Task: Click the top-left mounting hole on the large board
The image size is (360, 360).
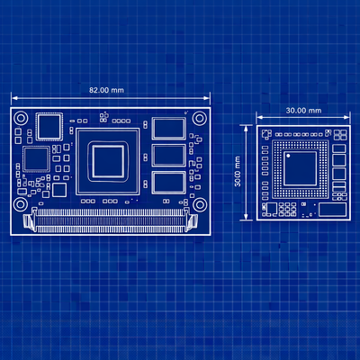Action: [20, 115]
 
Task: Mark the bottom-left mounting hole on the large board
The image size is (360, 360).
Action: [20, 203]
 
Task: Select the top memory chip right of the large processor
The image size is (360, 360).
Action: [167, 129]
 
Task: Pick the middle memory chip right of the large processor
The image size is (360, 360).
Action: [167, 155]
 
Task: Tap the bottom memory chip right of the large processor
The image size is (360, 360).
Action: [167, 183]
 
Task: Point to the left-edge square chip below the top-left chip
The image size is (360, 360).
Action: [35, 159]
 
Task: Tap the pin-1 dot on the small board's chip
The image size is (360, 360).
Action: [289, 155]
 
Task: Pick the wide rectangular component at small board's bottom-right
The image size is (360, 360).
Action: [333, 209]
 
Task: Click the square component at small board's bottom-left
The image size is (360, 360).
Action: [268, 209]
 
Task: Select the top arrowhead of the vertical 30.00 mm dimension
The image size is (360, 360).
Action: [247, 127]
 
